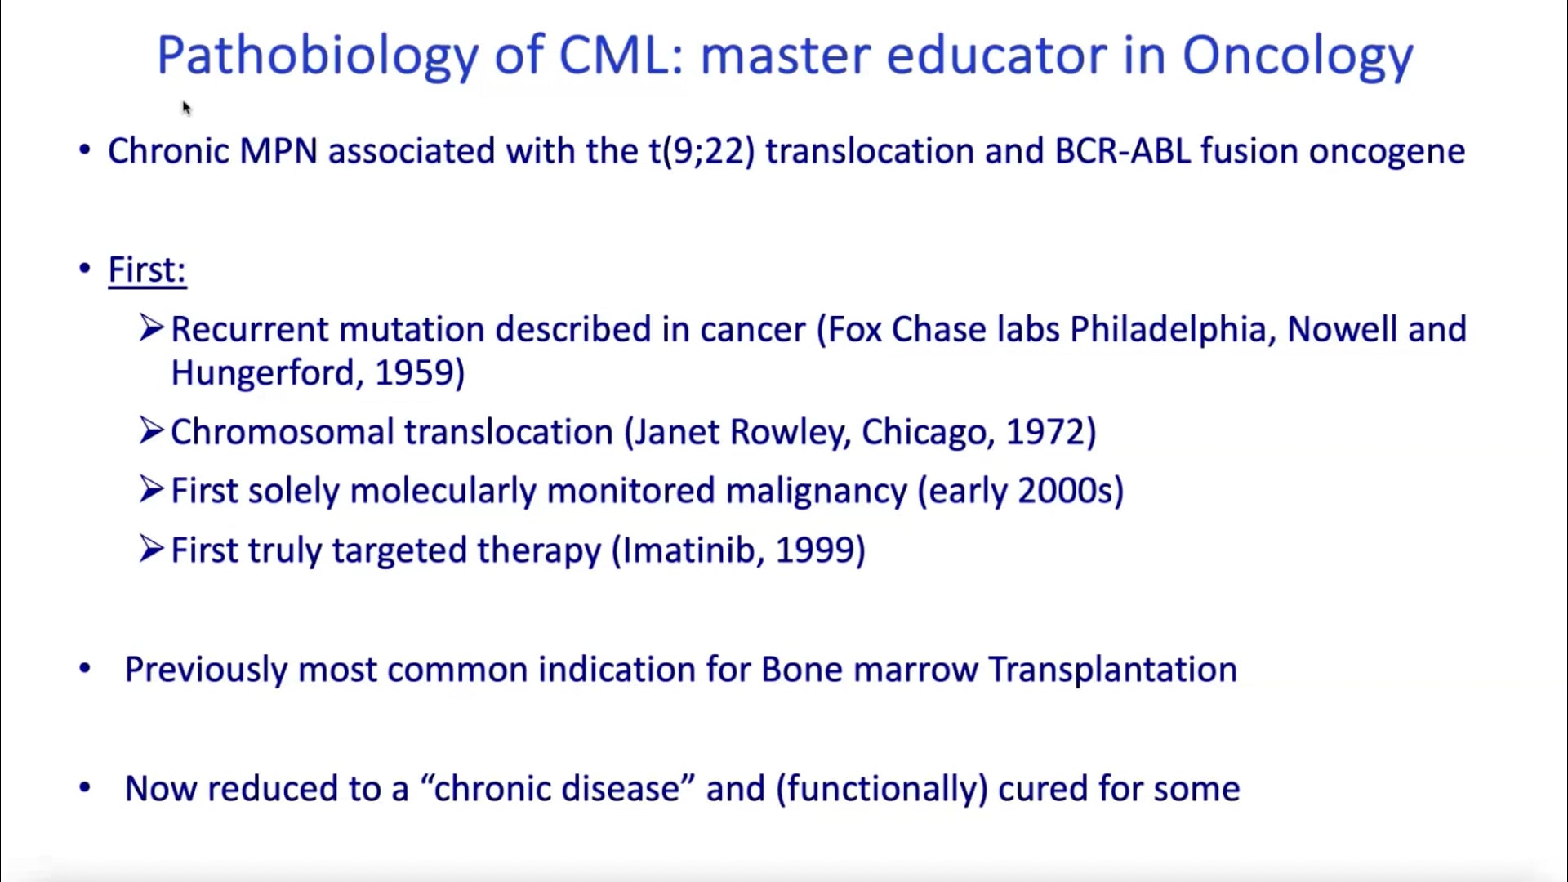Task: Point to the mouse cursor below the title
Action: [x=186, y=108]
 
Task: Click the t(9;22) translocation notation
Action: [x=702, y=152]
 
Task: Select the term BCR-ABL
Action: [x=1123, y=152]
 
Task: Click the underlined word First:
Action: [x=147, y=270]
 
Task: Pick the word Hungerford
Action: [x=261, y=373]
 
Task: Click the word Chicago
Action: [x=924, y=432]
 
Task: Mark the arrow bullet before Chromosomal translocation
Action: [x=152, y=430]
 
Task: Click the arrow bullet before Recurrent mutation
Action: [x=152, y=327]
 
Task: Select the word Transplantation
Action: [x=1113, y=670]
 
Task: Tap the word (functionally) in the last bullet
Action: [x=882, y=789]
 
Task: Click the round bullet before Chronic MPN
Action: [x=85, y=150]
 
